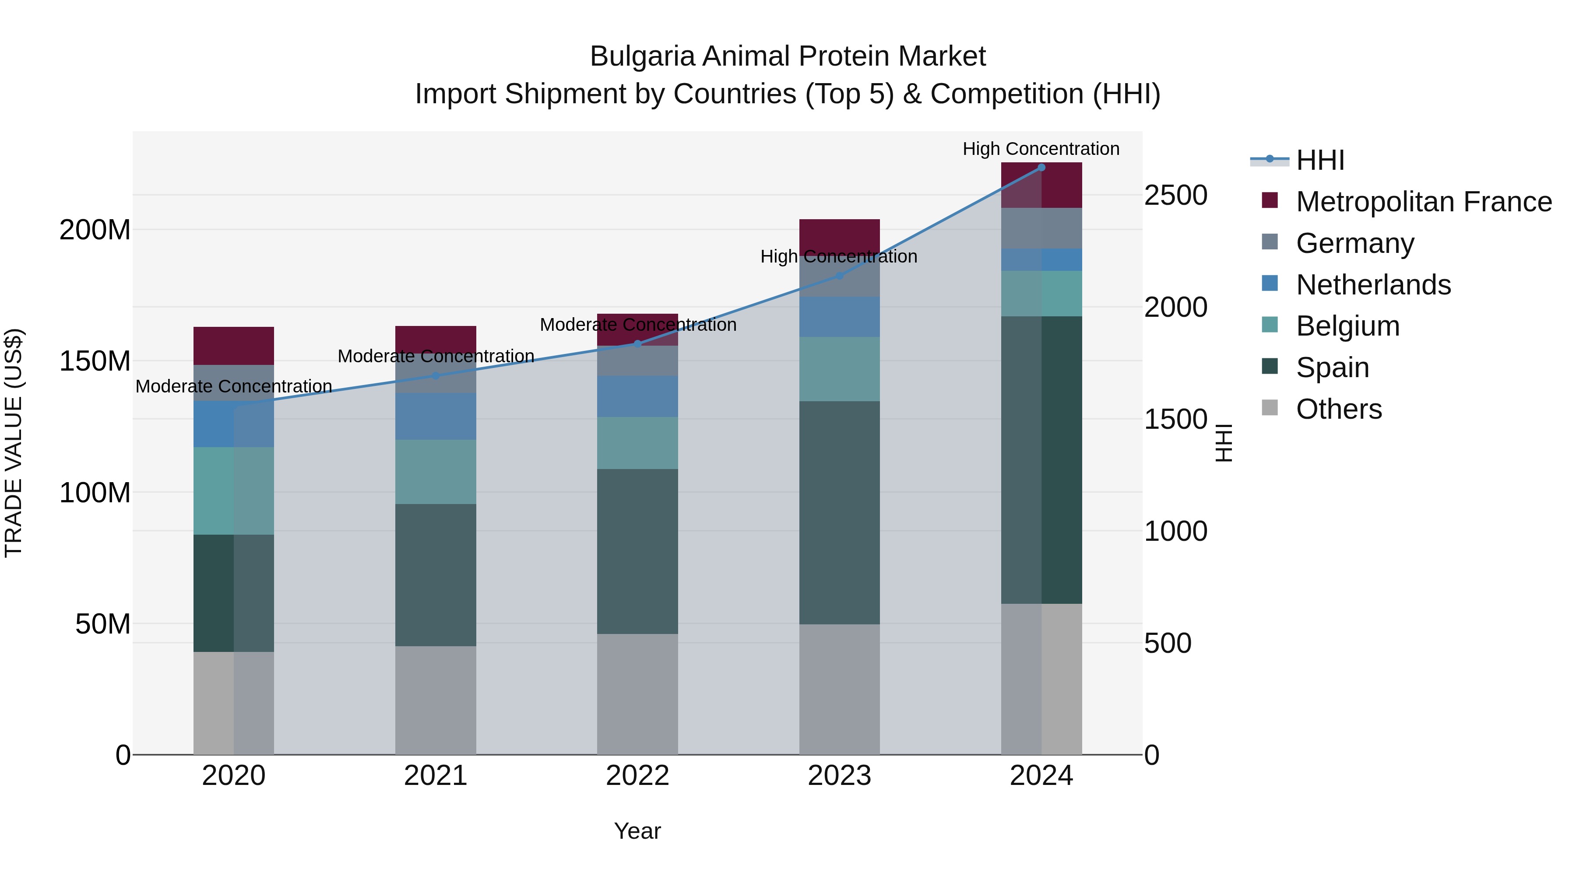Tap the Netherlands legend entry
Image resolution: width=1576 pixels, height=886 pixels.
pyautogui.click(x=1373, y=285)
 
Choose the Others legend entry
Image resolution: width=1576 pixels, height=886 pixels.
pyautogui.click(x=1339, y=409)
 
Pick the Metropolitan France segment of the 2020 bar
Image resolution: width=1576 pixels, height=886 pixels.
pyautogui.click(x=234, y=346)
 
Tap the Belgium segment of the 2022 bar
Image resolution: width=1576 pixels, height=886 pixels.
pyautogui.click(x=637, y=443)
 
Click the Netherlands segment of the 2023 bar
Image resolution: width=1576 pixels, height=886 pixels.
pyautogui.click(x=839, y=317)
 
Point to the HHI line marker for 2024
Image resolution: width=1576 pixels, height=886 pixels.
pyautogui.click(x=1041, y=168)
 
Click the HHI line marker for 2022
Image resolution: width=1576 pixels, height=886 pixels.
pyautogui.click(x=637, y=343)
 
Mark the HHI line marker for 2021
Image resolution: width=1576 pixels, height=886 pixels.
pyautogui.click(x=436, y=375)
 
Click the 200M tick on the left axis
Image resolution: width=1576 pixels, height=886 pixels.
pyautogui.click(x=95, y=231)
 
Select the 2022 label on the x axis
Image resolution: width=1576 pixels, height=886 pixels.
pyautogui.click(x=637, y=776)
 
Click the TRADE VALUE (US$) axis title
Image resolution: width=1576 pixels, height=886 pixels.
pyautogui.click(x=14, y=443)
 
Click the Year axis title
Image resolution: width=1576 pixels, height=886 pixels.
pyautogui.click(x=637, y=831)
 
